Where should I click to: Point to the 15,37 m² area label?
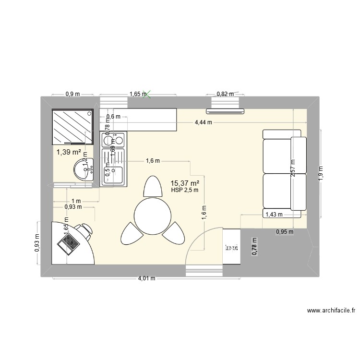185,183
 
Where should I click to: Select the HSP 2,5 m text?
185,191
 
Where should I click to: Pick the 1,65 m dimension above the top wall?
137,94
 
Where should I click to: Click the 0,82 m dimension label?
224,94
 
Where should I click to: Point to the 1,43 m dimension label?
274,215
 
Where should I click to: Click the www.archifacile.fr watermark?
331,311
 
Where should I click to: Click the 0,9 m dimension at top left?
72,94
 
